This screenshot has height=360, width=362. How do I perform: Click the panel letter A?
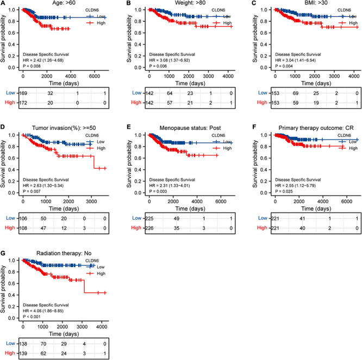[4, 4]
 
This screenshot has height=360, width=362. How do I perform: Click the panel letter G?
[4, 250]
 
